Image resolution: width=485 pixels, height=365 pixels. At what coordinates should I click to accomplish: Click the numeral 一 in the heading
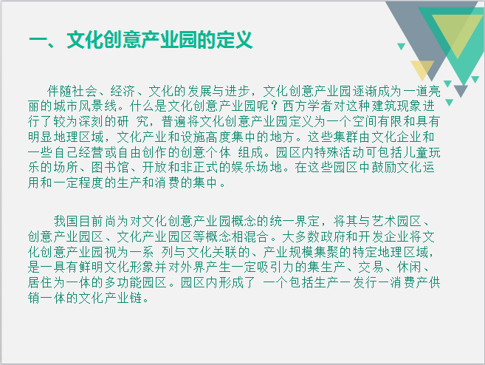point(38,41)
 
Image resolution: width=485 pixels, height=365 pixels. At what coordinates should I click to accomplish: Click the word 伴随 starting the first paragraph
point(59,91)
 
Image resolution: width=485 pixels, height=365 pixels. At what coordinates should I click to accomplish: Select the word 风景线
point(97,106)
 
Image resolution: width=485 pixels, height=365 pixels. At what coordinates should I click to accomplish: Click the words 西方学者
point(307,106)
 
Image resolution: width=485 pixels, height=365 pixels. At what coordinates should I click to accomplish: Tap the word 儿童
point(415,152)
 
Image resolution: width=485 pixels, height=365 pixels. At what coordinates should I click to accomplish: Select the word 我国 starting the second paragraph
point(66,221)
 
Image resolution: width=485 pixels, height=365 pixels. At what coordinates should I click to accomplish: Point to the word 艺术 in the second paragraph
point(384,221)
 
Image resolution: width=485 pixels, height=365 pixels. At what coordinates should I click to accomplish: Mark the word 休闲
point(409,267)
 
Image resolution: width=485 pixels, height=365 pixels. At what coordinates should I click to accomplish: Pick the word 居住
point(40,282)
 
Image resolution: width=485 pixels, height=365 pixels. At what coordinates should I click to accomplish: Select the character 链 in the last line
point(136,298)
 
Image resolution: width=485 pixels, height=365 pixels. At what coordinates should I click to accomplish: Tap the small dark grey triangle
point(461,91)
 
